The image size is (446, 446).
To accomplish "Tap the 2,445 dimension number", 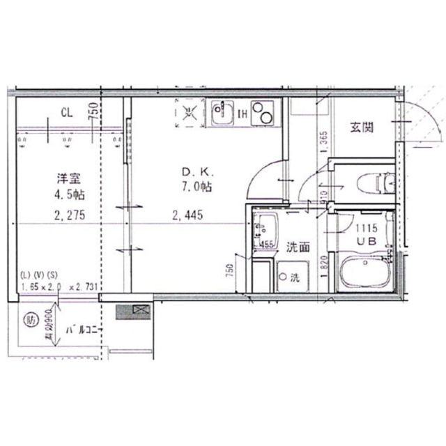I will click(x=188, y=215).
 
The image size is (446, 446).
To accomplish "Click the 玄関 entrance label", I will click(x=362, y=127).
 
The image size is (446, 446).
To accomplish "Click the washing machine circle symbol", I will click(x=282, y=277).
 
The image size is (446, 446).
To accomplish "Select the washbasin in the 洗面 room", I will click(x=266, y=229).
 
